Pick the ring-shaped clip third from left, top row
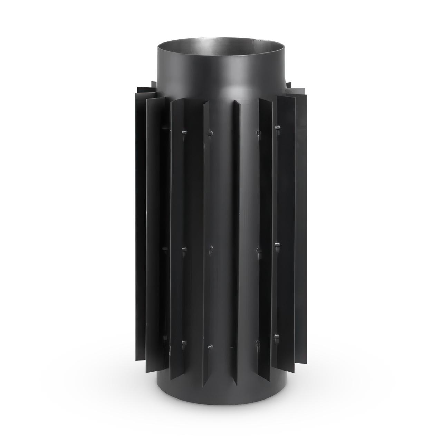(258, 132)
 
